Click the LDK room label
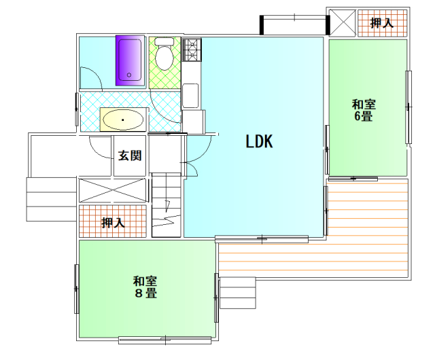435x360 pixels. point(259,141)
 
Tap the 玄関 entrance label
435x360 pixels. point(130,156)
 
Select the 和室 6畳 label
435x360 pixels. point(364,110)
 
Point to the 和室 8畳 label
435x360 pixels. point(145,287)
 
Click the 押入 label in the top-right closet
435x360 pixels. point(382,22)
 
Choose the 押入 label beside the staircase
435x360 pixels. point(113,222)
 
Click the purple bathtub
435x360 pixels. point(130,60)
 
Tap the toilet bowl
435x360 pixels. point(164,54)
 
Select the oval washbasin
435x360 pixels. point(123,120)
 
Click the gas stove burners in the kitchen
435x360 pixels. point(192,50)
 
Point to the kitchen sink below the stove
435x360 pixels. point(190,96)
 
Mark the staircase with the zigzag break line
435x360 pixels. point(166,205)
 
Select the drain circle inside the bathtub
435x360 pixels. point(129,75)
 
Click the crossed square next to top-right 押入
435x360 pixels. point(342,23)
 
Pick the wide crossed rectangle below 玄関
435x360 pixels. point(112,190)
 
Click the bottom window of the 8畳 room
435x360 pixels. point(165,340)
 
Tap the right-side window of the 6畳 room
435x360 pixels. point(408,107)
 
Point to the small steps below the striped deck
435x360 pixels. point(237,293)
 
